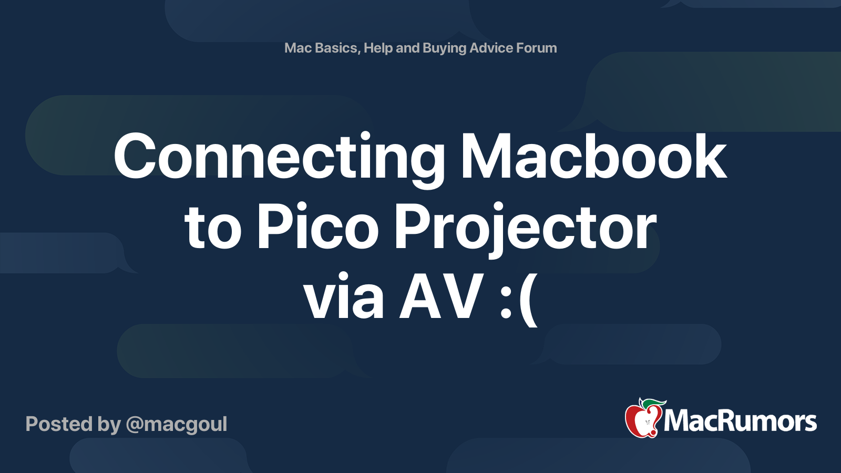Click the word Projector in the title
click(x=525, y=230)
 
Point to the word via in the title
click(x=344, y=296)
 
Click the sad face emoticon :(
click(x=519, y=299)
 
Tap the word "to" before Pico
click(x=212, y=227)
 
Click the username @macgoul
click(x=177, y=425)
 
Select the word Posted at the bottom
click(x=59, y=424)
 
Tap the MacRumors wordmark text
click(x=740, y=421)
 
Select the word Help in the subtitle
click(x=378, y=48)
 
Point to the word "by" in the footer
click(x=109, y=425)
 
